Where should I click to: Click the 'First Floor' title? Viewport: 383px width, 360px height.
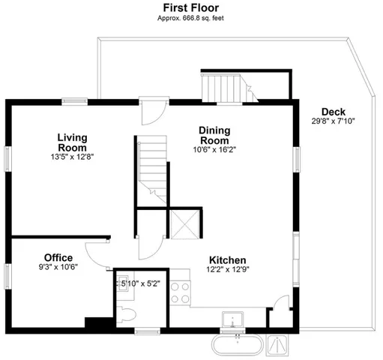click(190, 7)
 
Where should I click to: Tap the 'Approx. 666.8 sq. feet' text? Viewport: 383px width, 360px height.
click(190, 18)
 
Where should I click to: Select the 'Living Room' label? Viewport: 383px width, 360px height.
click(73, 142)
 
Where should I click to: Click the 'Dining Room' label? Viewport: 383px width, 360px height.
click(214, 135)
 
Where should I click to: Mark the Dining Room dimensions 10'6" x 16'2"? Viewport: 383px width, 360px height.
click(214, 149)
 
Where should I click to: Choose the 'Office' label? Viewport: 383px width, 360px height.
click(58, 257)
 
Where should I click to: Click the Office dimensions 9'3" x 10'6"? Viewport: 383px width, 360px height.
click(58, 266)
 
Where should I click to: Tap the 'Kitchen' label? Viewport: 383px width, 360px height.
click(227, 260)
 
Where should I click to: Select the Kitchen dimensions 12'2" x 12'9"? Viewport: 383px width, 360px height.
click(227, 270)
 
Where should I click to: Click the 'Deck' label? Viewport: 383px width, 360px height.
click(328, 112)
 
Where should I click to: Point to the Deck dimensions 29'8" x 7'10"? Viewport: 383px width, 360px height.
click(328, 121)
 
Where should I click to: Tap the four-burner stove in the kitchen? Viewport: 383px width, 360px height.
click(181, 292)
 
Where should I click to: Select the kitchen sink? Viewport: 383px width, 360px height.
click(235, 319)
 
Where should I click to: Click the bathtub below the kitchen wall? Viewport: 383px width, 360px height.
click(238, 346)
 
